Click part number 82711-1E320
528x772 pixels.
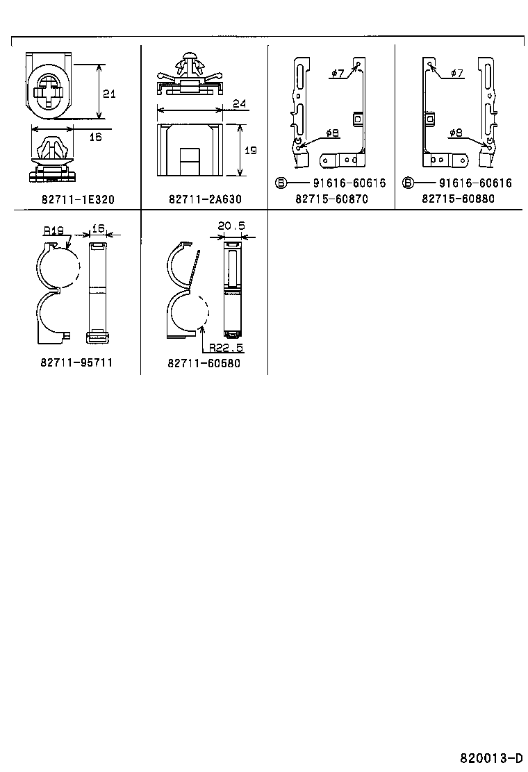[x=77, y=199]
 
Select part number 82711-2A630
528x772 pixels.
[x=205, y=199]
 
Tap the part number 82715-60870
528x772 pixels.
[x=331, y=199]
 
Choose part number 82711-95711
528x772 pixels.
[x=77, y=362]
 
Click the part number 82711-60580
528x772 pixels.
[x=204, y=363]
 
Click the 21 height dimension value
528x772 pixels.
[x=109, y=94]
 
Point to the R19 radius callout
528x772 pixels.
[x=53, y=229]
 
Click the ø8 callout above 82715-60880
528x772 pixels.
[x=456, y=133]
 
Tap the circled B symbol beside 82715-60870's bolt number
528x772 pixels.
[x=281, y=183]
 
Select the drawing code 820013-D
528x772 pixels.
[x=490, y=757]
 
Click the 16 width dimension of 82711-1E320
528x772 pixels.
[x=95, y=137]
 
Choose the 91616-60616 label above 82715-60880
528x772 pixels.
[x=475, y=183]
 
